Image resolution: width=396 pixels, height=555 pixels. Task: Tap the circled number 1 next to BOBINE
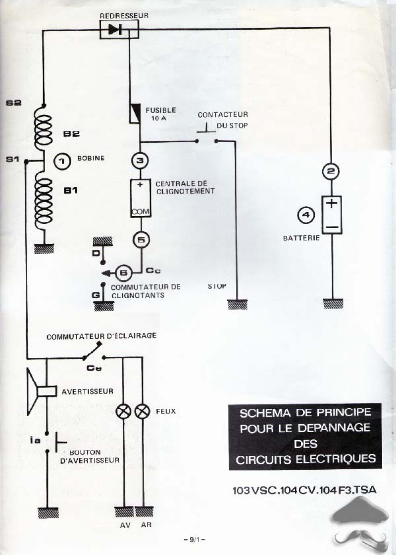coord(63,161)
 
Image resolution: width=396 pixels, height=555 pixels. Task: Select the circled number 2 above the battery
coord(331,172)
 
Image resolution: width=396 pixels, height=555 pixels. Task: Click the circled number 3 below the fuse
coord(140,161)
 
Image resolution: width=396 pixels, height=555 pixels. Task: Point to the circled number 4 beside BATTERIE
coord(306,215)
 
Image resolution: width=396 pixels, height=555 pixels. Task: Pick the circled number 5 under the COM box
coord(141,240)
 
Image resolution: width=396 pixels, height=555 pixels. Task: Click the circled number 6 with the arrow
coord(124,272)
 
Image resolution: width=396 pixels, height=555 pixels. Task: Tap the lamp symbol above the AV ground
coord(123,411)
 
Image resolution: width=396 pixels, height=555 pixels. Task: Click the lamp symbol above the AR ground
coord(143,411)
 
